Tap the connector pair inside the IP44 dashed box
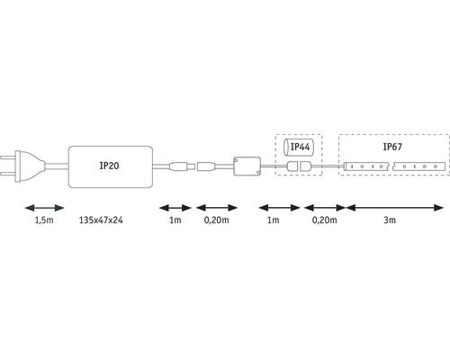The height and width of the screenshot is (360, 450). [301, 167]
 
